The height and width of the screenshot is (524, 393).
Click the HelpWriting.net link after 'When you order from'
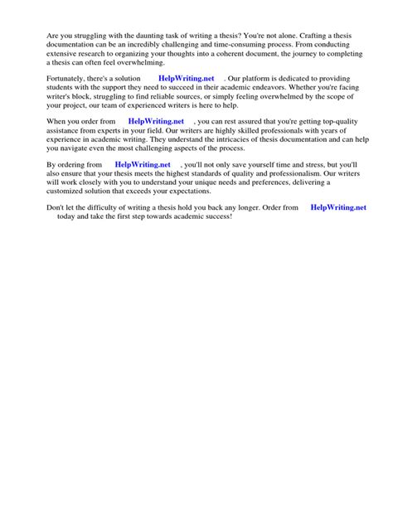pyautogui.click(x=156, y=120)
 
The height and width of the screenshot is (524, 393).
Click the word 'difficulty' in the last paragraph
pyautogui.click(x=107, y=207)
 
